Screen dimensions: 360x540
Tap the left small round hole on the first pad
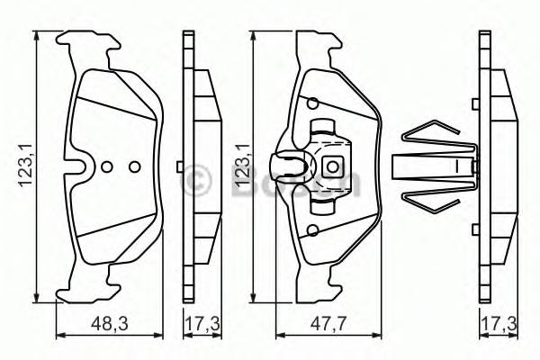[x=107, y=166]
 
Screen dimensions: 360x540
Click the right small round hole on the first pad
[x=134, y=166]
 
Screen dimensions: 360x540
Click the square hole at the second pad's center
[x=331, y=166]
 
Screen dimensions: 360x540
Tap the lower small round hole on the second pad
[x=311, y=231]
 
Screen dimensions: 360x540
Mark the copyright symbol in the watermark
[x=195, y=179]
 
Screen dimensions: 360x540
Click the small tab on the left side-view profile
[x=182, y=166]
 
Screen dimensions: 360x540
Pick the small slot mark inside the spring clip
[x=456, y=166]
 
